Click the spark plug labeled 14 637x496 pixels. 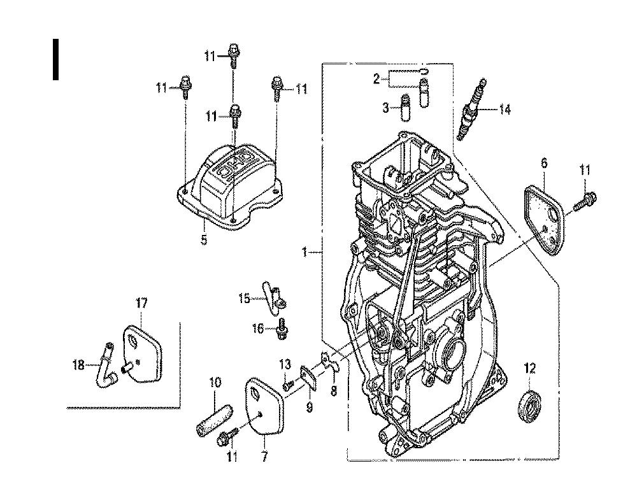471,110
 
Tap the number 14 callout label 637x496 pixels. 505,110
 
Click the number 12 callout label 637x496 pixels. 530,369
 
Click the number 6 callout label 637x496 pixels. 544,163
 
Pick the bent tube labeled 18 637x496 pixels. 105,365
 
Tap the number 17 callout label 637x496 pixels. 141,303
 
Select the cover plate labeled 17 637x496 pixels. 142,353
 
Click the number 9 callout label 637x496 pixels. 310,407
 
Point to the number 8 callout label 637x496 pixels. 334,391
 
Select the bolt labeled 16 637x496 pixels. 281,329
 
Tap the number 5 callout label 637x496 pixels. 204,239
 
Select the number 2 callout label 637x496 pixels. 376,78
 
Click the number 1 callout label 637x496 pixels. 304,252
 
